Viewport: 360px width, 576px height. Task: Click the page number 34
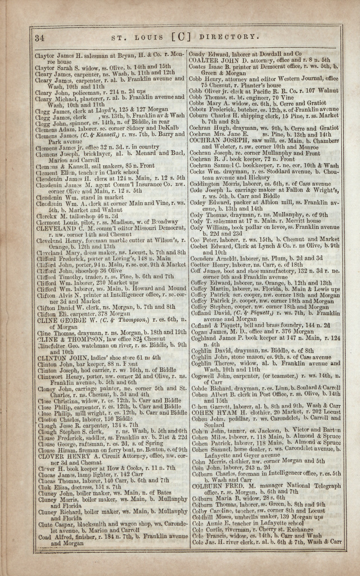coord(39,38)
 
